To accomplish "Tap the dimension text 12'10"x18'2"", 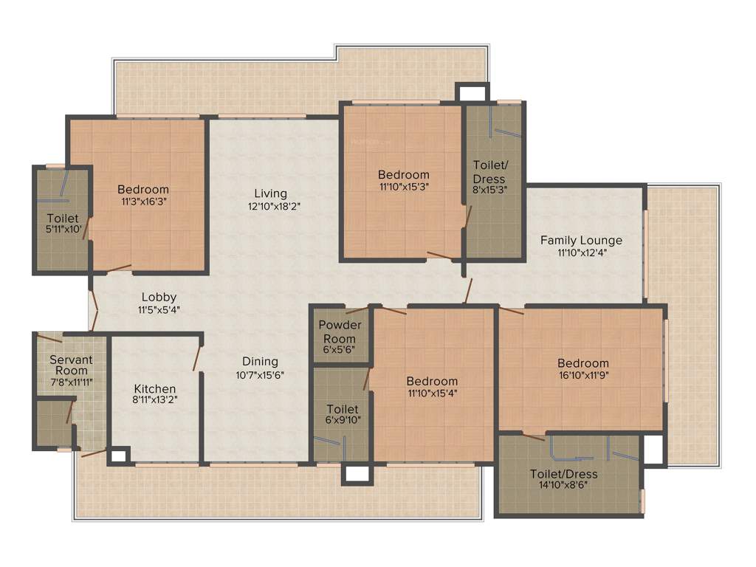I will pyautogui.click(x=275, y=207).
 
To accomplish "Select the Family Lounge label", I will pyautogui.click(x=581, y=240).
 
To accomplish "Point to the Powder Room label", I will pyautogui.click(x=340, y=332).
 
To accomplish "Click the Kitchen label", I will pyautogui.click(x=155, y=388).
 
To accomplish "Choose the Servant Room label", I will pyautogui.click(x=71, y=365).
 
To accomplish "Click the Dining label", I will pyautogui.click(x=261, y=361).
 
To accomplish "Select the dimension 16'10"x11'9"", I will pyautogui.click(x=583, y=375).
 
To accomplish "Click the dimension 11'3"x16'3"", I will pyautogui.click(x=143, y=202).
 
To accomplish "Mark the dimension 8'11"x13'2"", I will pyautogui.click(x=155, y=399).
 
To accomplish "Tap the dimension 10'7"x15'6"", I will pyautogui.click(x=260, y=374).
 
